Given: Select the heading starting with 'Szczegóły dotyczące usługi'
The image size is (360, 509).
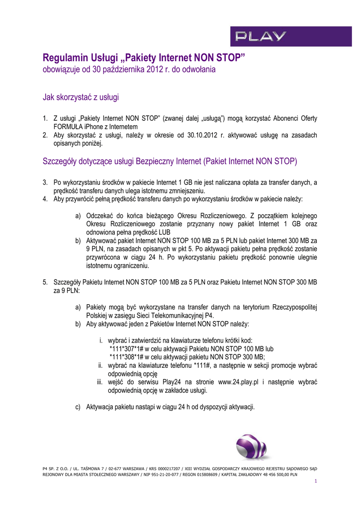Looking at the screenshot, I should click(169, 161).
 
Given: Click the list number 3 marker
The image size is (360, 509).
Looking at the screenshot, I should click(45, 182).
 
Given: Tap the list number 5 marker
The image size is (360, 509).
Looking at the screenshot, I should click(45, 282).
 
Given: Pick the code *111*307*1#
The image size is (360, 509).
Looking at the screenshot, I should click(129, 349).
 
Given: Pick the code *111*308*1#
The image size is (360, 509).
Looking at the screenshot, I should click(129, 357).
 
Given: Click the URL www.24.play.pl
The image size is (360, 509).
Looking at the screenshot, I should click(238, 382).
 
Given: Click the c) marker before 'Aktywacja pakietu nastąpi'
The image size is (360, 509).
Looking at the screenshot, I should click(78, 407).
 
